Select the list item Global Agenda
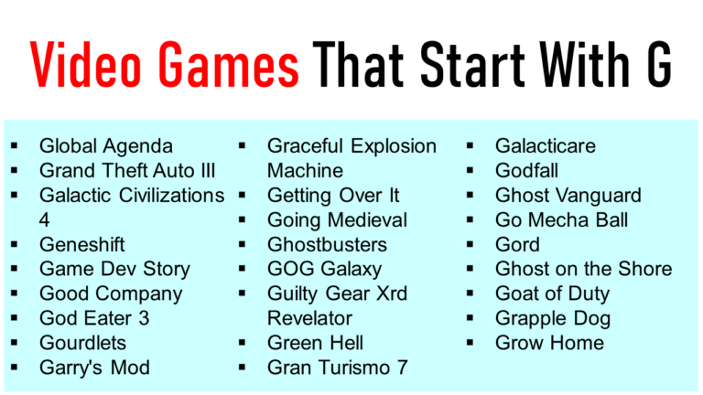(x=105, y=145)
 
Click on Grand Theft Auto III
(x=127, y=170)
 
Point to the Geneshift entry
(x=82, y=244)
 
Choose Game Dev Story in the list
(x=114, y=269)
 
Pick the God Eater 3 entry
(x=94, y=318)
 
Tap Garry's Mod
(x=94, y=368)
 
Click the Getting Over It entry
(x=333, y=195)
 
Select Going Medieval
(x=337, y=219)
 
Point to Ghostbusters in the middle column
(x=327, y=244)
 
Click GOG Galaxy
(x=324, y=269)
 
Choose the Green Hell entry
(x=315, y=343)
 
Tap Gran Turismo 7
(x=337, y=368)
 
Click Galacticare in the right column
(x=546, y=145)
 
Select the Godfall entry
(x=526, y=170)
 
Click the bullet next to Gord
(x=470, y=244)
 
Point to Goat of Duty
(x=552, y=294)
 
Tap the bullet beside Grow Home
(x=470, y=343)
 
